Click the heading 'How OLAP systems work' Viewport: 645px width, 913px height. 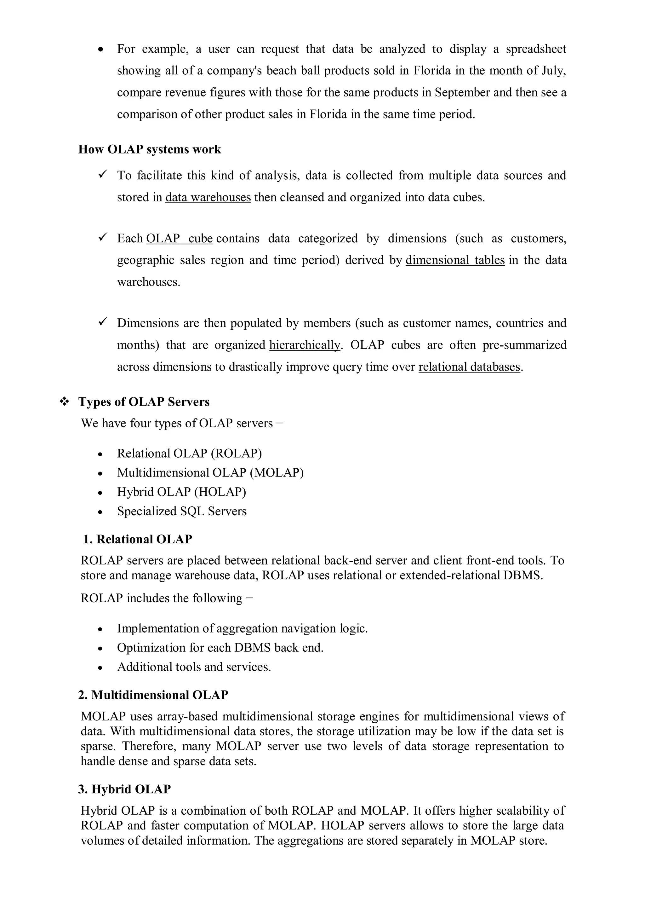point(149,149)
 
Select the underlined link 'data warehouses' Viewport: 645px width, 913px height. point(208,197)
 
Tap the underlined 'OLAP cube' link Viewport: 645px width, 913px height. point(179,239)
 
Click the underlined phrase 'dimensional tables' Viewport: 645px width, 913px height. point(455,260)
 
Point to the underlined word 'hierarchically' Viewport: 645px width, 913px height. point(305,345)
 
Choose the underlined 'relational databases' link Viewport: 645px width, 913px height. point(469,367)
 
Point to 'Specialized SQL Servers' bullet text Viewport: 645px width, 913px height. point(182,511)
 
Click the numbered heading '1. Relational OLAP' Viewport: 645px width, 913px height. point(138,540)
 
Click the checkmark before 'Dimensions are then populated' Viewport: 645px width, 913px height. point(103,322)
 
